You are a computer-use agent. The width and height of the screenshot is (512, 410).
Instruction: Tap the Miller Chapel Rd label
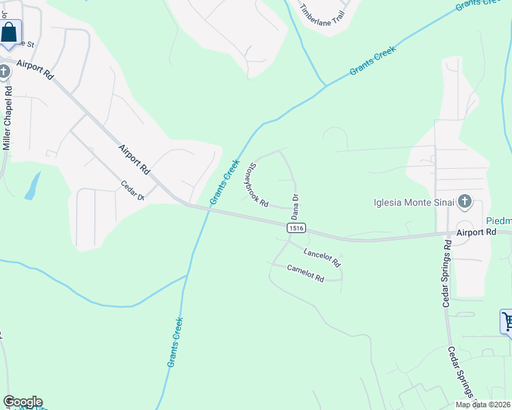click(7, 118)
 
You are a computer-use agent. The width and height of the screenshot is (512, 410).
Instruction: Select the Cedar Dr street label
click(132, 190)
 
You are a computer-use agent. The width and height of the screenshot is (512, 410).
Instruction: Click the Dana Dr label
click(296, 206)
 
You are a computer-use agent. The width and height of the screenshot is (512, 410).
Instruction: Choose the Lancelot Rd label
click(322, 258)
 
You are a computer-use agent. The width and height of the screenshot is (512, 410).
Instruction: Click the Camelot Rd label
click(305, 273)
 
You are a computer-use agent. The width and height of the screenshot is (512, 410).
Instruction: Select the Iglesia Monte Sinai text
click(413, 202)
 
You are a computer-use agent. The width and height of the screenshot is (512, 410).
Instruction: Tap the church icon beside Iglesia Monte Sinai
click(465, 201)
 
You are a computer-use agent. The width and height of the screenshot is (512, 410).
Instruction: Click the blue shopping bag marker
click(10, 32)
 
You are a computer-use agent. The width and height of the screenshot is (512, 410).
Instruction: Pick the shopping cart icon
click(507, 320)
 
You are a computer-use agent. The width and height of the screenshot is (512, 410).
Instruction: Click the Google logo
click(23, 402)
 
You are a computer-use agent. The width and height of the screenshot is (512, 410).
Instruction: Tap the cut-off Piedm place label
click(499, 221)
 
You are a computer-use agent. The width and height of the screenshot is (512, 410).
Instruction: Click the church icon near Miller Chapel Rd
click(4, 72)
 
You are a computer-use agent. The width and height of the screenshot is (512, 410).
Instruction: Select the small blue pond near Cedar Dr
click(32, 185)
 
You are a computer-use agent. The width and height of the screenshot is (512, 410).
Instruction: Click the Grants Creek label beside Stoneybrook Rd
click(225, 182)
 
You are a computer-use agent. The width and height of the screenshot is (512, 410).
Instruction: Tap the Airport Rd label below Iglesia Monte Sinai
click(476, 232)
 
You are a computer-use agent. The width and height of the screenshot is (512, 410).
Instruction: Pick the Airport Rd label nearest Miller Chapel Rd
click(36, 71)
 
